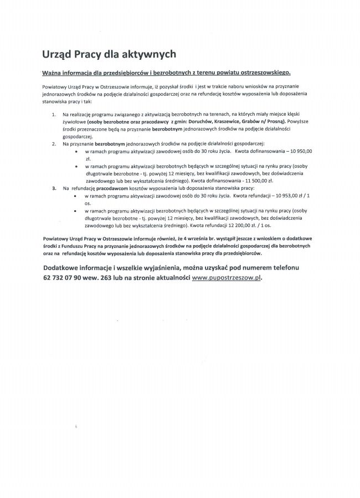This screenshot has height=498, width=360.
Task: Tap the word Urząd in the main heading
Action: [58, 54]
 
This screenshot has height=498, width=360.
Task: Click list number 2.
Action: [54, 143]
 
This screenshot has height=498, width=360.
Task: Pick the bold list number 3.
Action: [54, 188]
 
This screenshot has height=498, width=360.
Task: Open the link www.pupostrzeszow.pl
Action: [226, 278]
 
